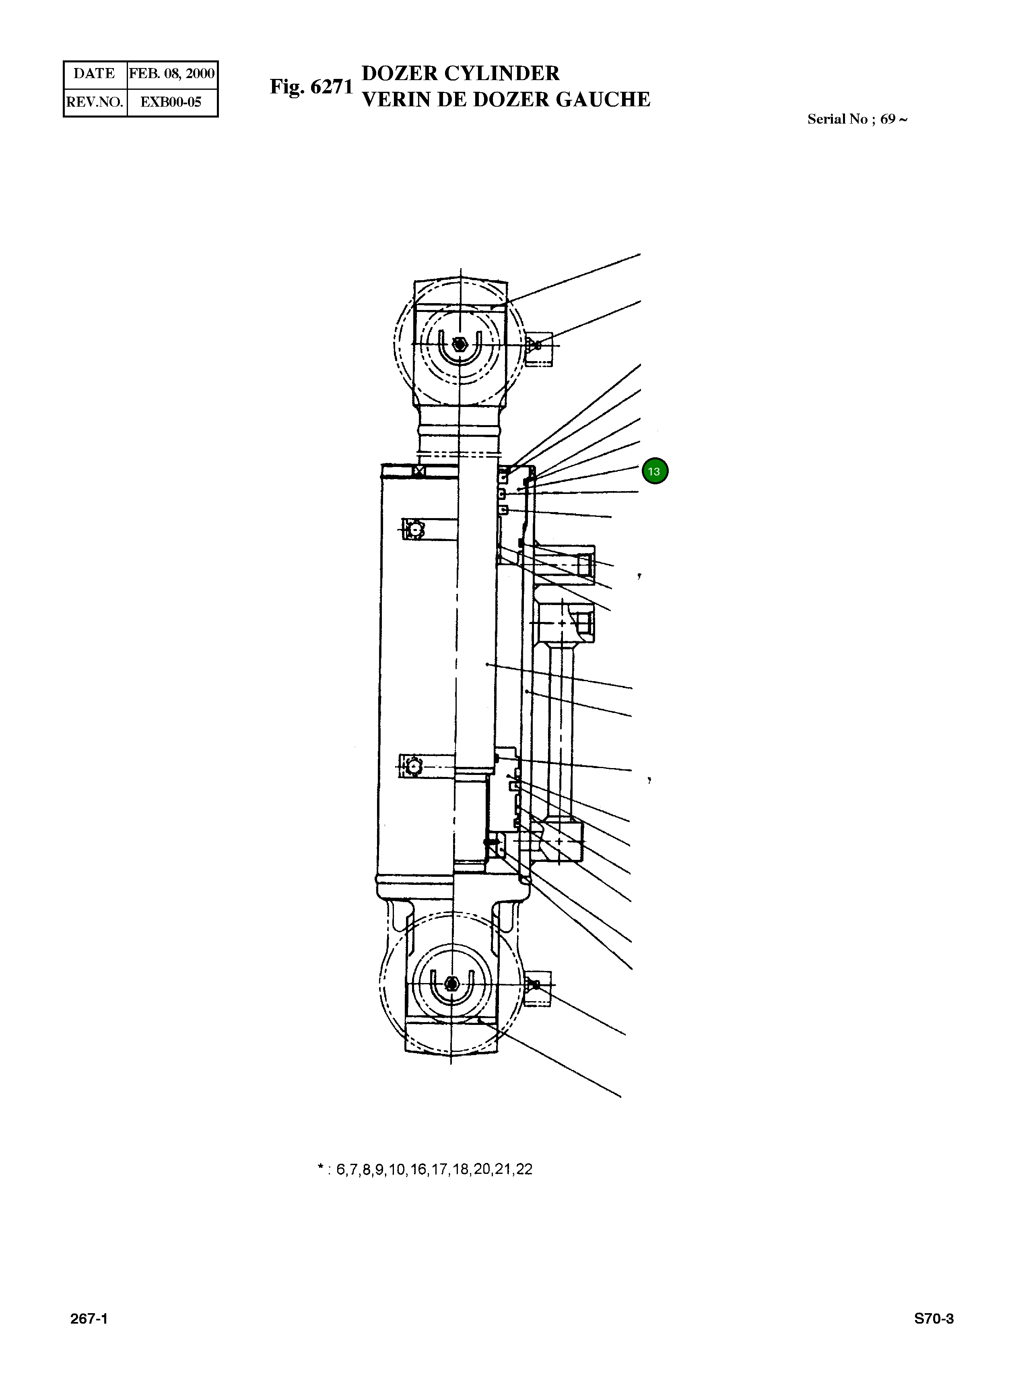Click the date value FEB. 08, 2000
click(x=171, y=74)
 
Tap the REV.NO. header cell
click(x=95, y=102)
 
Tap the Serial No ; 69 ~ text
click(x=857, y=119)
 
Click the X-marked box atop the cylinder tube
click(x=420, y=471)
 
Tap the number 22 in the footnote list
click(x=524, y=1169)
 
